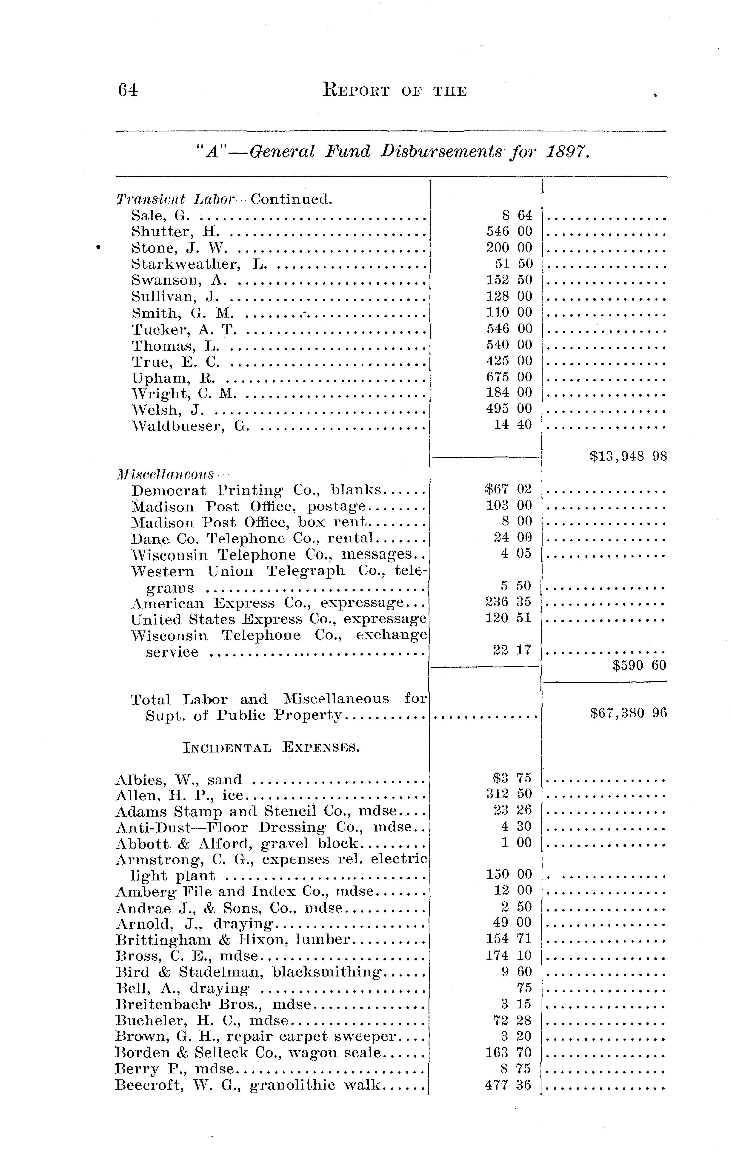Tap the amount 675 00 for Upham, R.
pos(509,377)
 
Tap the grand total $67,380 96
pos(628,713)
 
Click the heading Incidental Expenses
pos(272,748)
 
